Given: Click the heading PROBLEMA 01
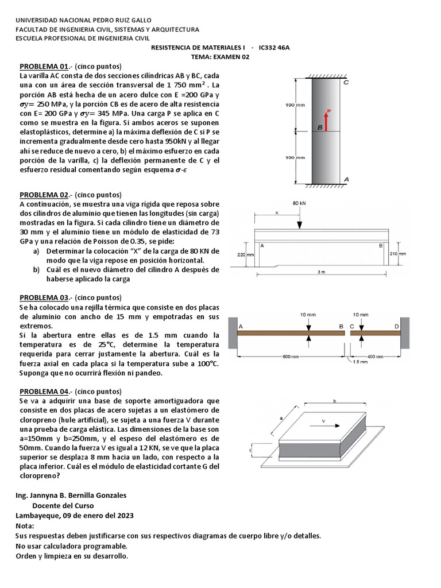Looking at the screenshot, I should (44, 66).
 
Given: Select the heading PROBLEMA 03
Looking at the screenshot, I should (44, 297).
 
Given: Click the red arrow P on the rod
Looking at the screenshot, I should (326, 121).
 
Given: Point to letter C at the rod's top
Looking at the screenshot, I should (346, 82).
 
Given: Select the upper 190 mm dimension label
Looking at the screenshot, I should (295, 105).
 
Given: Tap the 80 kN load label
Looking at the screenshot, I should (299, 203).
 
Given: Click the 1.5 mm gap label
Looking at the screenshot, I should (361, 361).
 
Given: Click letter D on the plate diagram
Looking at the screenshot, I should (396, 326).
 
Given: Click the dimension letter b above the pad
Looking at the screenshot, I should (334, 401).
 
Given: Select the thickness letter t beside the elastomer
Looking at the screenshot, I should (251, 451).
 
